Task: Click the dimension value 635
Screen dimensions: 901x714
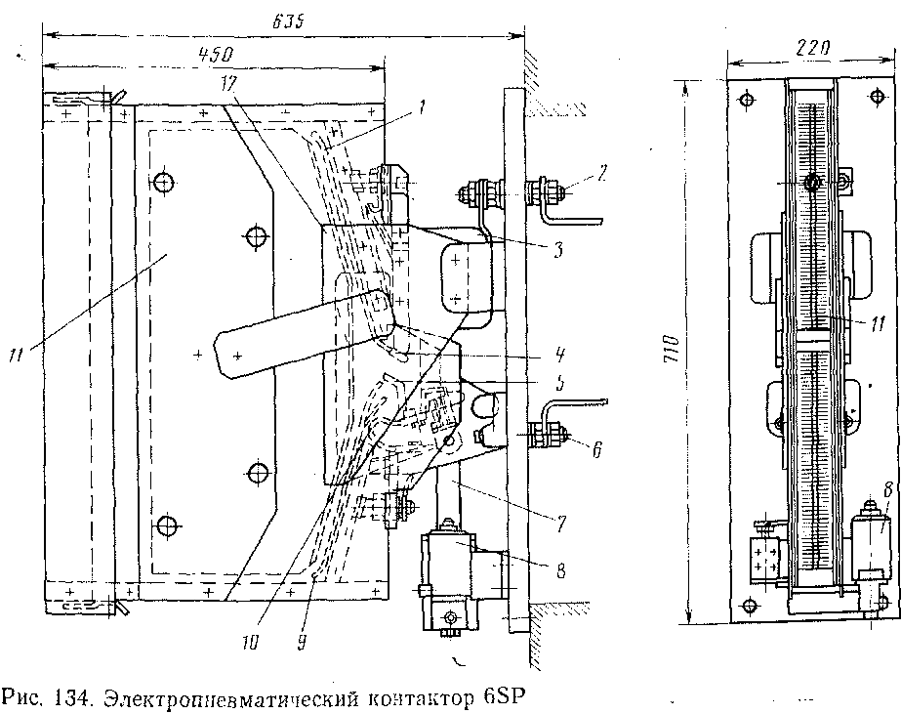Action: [x=287, y=21]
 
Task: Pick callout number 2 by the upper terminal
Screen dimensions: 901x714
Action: [x=601, y=174]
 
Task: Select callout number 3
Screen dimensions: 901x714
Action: [x=557, y=250]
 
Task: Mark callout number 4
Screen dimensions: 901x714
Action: [x=560, y=355]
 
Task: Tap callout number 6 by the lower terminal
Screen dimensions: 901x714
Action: [x=596, y=450]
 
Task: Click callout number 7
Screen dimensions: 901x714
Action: [x=561, y=523]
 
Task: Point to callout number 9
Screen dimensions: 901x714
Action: [x=301, y=642]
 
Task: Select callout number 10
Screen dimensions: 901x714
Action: [x=249, y=642]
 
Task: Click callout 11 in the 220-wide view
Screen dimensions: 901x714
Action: [x=878, y=325]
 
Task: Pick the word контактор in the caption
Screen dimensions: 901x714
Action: [x=420, y=699]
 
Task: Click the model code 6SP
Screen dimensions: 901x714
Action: [x=504, y=698]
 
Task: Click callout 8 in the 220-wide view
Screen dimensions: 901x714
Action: [x=887, y=489]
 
